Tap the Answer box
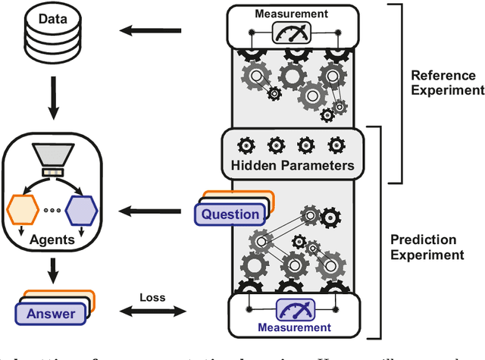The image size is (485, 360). (51, 314)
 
